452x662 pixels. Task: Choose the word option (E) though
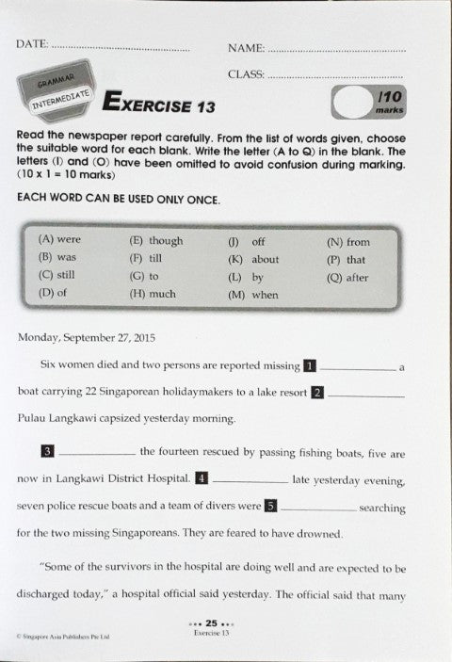point(156,241)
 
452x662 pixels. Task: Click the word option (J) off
point(247,241)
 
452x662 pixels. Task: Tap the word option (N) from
point(347,241)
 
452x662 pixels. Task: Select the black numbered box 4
point(202,478)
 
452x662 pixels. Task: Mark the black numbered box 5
point(270,505)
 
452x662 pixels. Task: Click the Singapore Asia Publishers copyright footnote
point(63,638)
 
